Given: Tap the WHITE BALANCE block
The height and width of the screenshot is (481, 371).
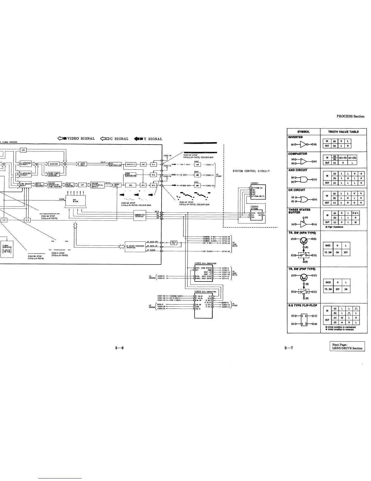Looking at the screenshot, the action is [39, 185].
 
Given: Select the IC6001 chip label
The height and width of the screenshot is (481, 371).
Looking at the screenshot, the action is [254, 183].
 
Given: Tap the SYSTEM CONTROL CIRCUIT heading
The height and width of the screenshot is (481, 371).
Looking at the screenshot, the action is [251, 171].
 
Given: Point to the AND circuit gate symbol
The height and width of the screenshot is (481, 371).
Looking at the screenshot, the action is [304, 179].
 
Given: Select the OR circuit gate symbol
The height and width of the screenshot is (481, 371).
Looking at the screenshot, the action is [304, 200].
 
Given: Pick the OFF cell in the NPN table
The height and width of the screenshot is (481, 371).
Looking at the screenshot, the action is [346, 253].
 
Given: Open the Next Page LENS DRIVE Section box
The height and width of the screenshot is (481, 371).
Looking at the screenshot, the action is [347, 346].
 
